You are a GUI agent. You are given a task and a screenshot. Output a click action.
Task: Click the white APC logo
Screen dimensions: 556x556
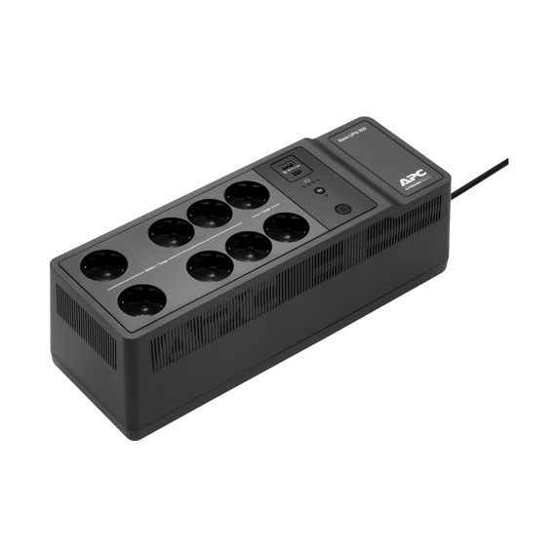(x=411, y=179)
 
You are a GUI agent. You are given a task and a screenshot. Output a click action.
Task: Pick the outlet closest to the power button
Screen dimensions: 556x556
(x=286, y=228)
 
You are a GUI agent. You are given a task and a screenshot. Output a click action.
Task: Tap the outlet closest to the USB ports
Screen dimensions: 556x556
(x=246, y=194)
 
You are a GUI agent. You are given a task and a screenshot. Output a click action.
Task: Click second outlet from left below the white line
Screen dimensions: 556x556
(x=210, y=265)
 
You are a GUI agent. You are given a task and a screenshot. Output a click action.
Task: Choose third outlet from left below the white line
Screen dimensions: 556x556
(x=249, y=246)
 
